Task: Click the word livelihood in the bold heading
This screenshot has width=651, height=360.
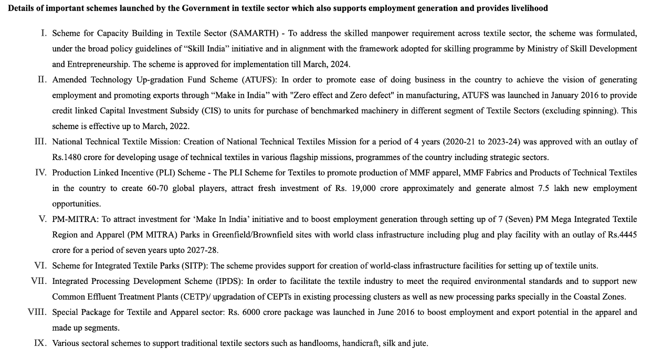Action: tap(529, 8)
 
